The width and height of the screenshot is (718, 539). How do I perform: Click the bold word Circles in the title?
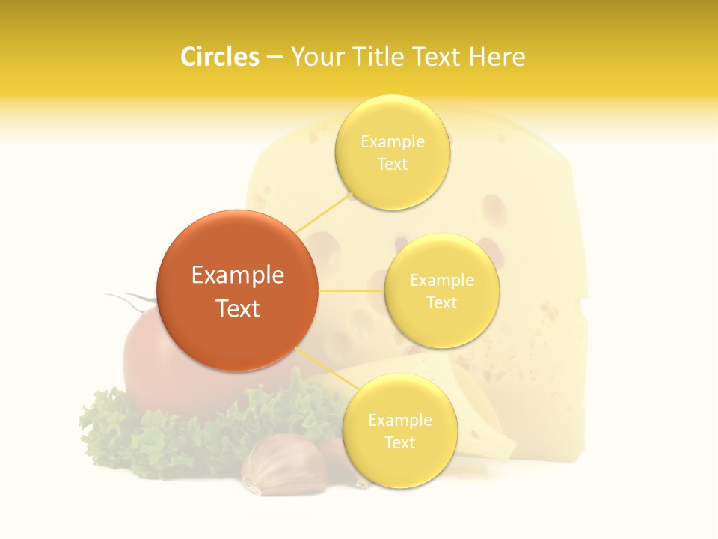220,57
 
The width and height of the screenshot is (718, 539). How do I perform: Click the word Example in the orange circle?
238,275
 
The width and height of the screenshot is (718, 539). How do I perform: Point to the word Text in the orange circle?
238,308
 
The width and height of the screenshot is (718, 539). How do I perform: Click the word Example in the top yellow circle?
392,141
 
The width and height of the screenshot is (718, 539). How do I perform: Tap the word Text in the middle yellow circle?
442,303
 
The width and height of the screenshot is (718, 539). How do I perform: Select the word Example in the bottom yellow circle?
399,420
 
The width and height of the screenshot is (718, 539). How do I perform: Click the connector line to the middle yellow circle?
352,290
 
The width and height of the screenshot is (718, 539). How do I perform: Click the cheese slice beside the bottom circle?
486,419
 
